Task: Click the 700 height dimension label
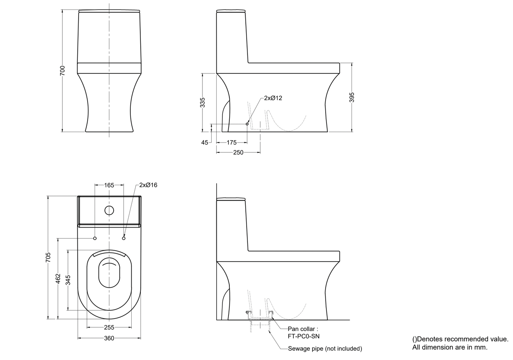pyautogui.click(x=63, y=71)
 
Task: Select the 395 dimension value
pyautogui.click(x=351, y=98)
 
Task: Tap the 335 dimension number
pyautogui.click(x=203, y=102)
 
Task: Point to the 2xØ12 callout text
pyautogui.click(x=273, y=98)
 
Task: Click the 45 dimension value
pyautogui.click(x=205, y=142)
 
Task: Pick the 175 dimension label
pyautogui.click(x=231, y=142)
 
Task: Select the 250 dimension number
pyautogui.click(x=238, y=152)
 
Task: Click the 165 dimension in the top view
pyautogui.click(x=109, y=185)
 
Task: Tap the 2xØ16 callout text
pyautogui.click(x=148, y=185)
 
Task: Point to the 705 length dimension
pyautogui.click(x=48, y=257)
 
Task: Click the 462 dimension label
pyautogui.click(x=58, y=278)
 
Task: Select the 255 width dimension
pyautogui.click(x=109, y=328)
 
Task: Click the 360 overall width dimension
pyautogui.click(x=109, y=338)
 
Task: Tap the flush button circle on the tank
pyautogui.click(x=109, y=211)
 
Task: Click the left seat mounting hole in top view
pyautogui.click(x=95, y=238)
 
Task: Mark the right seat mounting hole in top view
pyautogui.click(x=123, y=238)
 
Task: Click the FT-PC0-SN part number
pyautogui.click(x=304, y=336)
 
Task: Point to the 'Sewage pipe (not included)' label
pyautogui.click(x=325, y=348)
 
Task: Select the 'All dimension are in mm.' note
pyautogui.click(x=450, y=347)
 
